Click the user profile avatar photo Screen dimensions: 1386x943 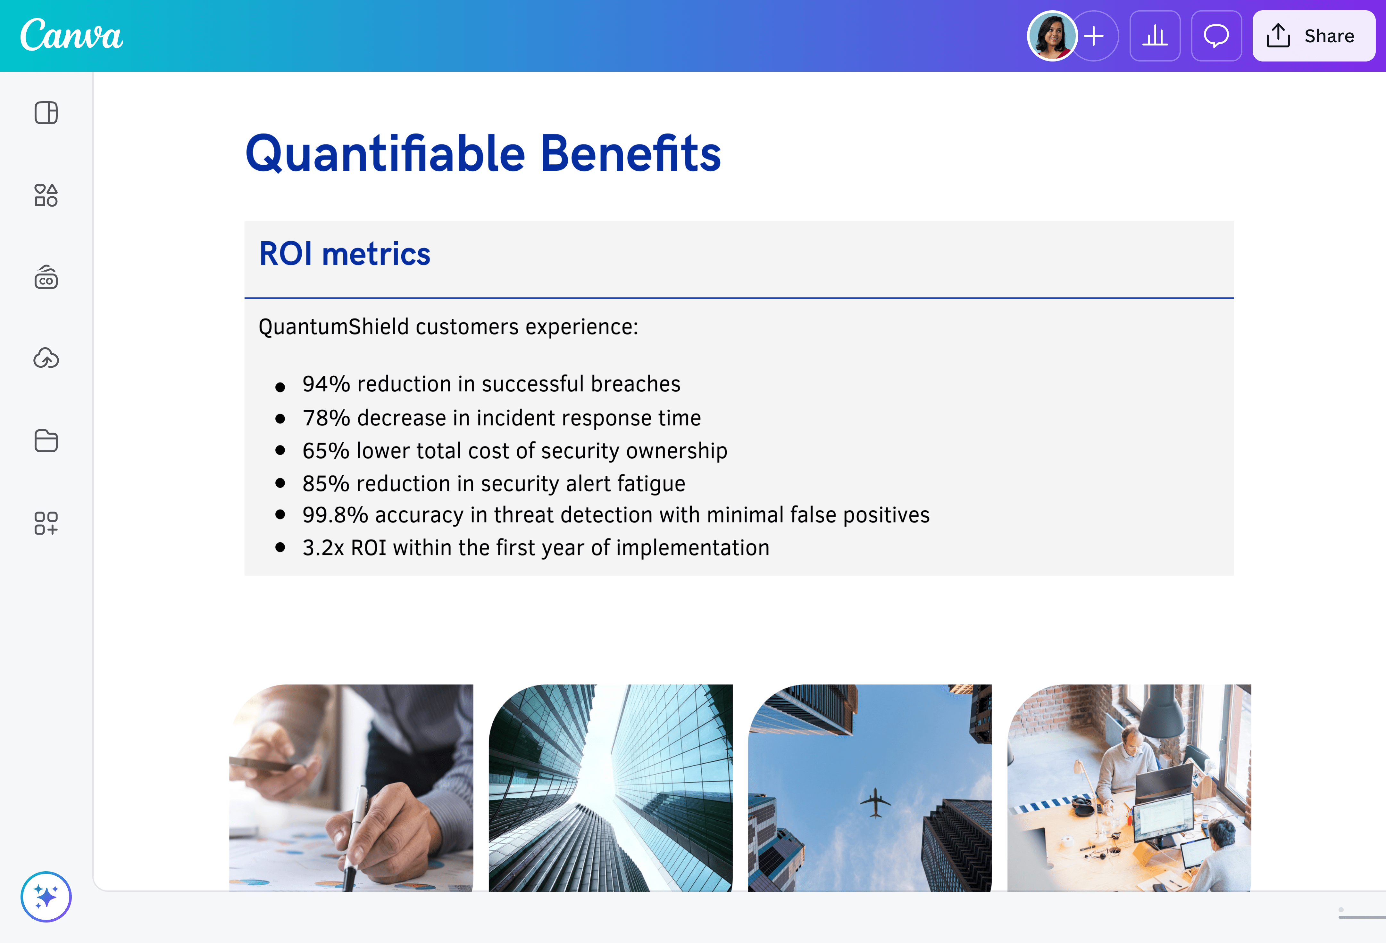tap(1052, 36)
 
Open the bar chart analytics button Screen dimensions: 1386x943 tap(1155, 36)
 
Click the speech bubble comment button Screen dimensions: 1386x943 tap(1216, 36)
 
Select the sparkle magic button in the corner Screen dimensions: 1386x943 tap(46, 897)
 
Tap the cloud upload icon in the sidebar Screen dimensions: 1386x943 tap(46, 358)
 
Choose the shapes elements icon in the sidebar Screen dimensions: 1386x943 tap(46, 195)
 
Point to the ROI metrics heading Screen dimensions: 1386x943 tap(345, 254)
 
